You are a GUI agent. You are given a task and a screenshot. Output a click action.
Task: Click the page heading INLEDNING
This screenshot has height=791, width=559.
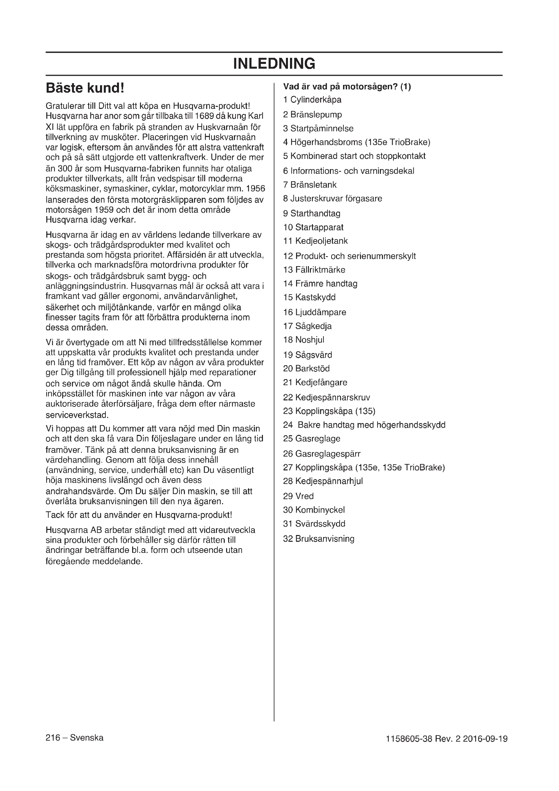274,64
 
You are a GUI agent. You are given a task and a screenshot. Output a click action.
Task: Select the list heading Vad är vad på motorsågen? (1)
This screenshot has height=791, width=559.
347,87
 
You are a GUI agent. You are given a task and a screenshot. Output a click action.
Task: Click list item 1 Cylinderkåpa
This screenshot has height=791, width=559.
312,100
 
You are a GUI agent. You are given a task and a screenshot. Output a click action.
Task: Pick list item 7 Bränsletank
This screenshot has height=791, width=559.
310,185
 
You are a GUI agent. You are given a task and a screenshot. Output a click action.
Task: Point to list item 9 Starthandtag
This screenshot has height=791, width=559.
312,214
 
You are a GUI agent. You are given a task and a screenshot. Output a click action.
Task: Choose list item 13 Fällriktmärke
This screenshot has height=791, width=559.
314,270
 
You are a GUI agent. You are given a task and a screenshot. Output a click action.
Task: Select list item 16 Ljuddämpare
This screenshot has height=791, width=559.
315,312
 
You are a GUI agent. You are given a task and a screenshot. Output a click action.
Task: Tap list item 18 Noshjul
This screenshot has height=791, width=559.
303,340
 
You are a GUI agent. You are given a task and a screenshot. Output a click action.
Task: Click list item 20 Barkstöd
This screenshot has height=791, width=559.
306,369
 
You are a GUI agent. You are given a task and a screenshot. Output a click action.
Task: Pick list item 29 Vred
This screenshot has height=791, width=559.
298,496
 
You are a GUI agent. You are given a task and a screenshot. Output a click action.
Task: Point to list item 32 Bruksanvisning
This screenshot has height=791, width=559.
318,539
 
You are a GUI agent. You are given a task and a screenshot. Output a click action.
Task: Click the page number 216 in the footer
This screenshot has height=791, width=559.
53,738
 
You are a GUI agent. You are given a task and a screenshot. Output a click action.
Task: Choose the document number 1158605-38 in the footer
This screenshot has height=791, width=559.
409,739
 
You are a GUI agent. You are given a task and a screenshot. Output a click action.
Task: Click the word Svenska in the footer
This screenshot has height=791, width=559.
87,738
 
